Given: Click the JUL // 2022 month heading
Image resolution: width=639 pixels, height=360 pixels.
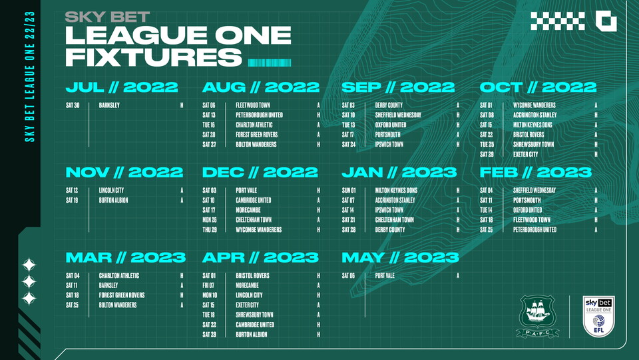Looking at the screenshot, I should click(122, 87).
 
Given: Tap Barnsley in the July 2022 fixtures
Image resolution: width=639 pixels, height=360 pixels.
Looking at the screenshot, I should click(110, 105).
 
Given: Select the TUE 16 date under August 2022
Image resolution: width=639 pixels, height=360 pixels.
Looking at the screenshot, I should click(209, 125).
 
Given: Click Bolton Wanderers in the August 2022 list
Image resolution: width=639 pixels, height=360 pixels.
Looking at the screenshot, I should click(256, 145).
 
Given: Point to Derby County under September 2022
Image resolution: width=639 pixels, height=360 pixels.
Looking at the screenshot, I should click(389, 105).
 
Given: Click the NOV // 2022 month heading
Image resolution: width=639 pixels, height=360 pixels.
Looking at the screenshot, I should click(124, 173).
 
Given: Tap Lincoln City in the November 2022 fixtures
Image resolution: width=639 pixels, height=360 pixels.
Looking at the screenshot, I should click(111, 191).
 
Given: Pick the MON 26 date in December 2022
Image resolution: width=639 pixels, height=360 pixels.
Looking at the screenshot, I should click(209, 220).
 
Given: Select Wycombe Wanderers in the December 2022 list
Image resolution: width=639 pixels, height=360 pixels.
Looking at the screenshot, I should click(258, 230).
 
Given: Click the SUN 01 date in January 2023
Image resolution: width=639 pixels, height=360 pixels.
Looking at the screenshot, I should click(349, 191).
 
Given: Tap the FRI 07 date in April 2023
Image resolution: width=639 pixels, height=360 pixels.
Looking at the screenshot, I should click(209, 285).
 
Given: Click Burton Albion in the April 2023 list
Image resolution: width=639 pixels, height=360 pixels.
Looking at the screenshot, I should click(252, 335).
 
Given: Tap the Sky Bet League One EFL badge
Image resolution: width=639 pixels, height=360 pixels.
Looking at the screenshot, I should click(598, 317).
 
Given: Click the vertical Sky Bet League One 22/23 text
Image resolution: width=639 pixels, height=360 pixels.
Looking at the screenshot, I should click(29, 77).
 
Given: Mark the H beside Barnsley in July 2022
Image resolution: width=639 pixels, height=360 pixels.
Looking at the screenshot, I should click(182, 105).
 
